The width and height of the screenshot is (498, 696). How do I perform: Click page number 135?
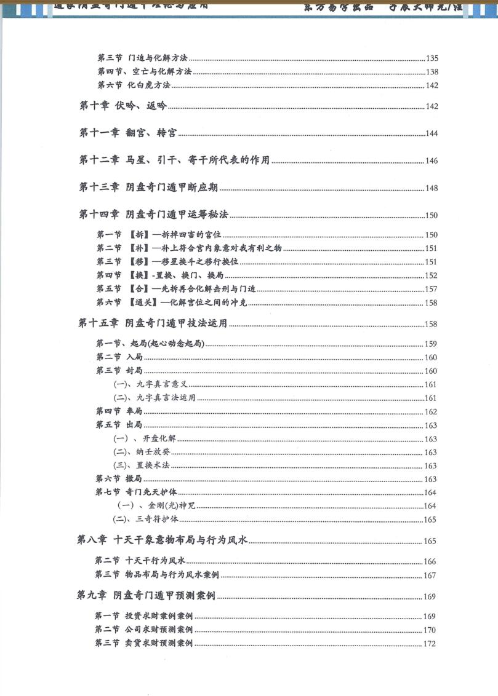point(432,58)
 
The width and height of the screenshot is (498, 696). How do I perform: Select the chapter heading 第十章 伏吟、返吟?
point(122,105)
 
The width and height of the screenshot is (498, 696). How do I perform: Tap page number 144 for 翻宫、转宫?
point(432,133)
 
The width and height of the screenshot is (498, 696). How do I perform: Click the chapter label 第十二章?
point(98,160)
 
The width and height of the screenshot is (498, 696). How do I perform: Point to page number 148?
point(432,188)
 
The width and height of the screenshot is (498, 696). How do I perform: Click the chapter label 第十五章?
point(98,323)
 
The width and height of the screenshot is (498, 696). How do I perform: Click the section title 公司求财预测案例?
point(159,630)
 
